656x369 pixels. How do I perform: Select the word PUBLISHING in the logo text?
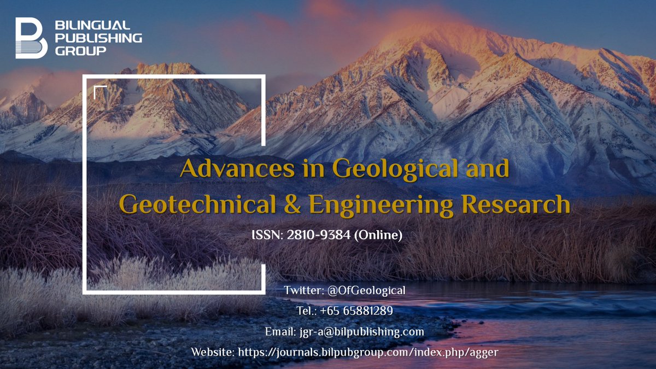click(99, 38)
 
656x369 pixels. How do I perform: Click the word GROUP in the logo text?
click(80, 51)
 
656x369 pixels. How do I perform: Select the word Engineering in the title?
click(381, 205)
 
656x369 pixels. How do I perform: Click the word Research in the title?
click(516, 205)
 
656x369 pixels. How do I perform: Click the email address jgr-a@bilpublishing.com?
click(361, 332)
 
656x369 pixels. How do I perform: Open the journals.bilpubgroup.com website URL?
click(368, 353)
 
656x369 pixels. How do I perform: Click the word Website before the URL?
click(212, 353)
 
